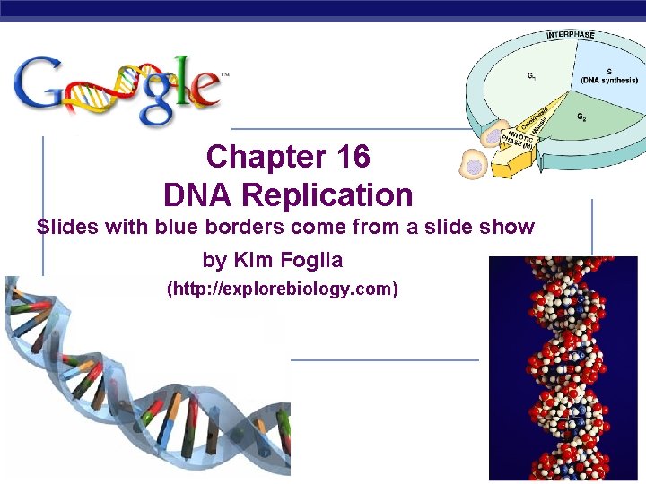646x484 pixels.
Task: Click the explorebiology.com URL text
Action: pyautogui.click(x=283, y=290)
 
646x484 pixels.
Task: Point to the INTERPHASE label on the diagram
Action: pyautogui.click(x=571, y=35)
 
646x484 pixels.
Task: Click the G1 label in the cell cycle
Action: pyautogui.click(x=532, y=75)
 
